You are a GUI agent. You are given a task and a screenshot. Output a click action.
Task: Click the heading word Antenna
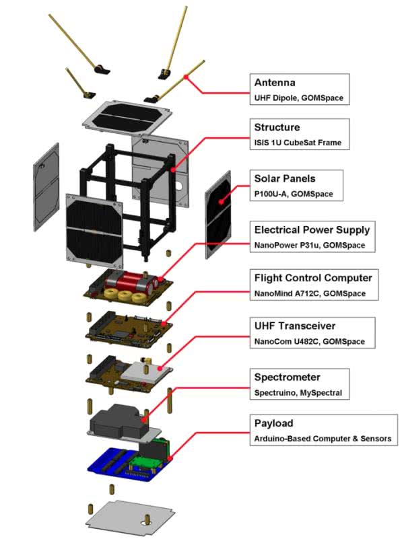point(275,83)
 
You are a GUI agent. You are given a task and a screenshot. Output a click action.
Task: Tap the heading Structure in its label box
point(277,127)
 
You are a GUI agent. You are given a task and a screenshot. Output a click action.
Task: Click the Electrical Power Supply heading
point(312,229)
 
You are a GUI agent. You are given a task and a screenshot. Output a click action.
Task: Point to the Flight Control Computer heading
point(313,277)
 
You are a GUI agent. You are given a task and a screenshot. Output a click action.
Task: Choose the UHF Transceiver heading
point(294,326)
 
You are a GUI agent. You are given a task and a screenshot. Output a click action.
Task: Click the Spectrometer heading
point(287,376)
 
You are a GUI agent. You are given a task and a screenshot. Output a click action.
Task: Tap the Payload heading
point(273,423)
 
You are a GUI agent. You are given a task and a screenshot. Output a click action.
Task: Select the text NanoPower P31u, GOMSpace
point(309,246)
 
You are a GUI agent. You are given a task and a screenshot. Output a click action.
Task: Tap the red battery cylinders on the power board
point(132,279)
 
